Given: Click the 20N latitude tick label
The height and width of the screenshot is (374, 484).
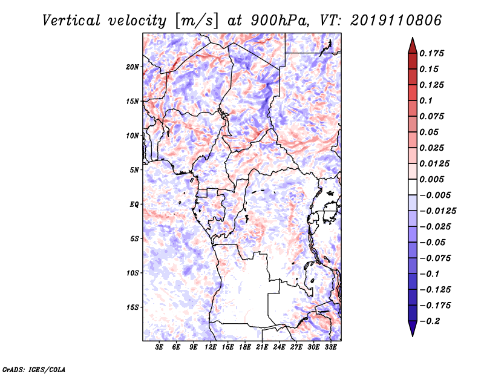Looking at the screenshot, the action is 132,67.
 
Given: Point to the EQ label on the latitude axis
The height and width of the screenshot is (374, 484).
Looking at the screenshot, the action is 134,205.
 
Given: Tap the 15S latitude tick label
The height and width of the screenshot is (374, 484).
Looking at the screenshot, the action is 132,307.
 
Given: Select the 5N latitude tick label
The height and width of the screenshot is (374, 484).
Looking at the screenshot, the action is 134,170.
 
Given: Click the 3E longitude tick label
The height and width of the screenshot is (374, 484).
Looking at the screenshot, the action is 159,347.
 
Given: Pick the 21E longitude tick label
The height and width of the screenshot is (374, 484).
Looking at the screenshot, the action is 262,347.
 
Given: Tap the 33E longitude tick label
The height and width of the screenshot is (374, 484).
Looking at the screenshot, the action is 330,347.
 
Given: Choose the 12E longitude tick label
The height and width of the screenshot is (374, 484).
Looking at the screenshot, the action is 211,347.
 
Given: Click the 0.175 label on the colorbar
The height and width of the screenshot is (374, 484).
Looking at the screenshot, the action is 431,53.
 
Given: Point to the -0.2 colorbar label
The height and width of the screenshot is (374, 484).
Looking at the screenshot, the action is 430,321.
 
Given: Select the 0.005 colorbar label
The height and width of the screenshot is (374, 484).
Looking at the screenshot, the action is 431,179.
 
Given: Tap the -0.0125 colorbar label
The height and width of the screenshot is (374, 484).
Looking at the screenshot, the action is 437,211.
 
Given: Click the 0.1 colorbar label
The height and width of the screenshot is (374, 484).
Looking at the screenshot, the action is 426,100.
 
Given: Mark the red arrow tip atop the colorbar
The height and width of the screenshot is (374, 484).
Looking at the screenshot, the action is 413,38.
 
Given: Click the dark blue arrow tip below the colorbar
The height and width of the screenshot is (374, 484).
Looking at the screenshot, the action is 413,336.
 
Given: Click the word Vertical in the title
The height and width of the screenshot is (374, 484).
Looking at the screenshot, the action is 71,21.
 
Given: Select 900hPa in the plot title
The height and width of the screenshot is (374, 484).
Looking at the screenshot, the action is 280,21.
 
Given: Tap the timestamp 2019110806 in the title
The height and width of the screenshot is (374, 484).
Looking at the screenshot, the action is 396,21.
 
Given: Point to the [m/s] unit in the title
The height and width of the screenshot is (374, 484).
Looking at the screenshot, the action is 197,21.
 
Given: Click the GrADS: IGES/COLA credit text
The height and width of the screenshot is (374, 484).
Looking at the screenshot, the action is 34,369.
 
